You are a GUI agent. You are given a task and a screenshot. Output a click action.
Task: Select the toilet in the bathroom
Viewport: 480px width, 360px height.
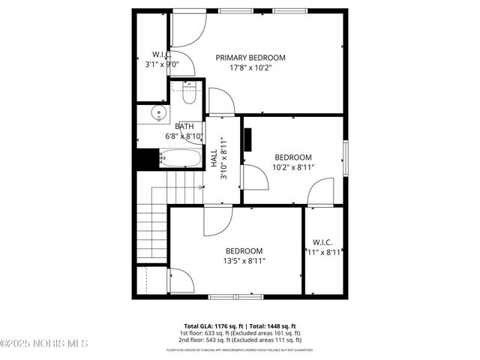[x=188, y=93]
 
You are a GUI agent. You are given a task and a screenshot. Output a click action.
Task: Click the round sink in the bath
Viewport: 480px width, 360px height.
[x=157, y=114]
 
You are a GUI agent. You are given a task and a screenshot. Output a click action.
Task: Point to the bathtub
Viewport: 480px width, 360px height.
[x=181, y=158]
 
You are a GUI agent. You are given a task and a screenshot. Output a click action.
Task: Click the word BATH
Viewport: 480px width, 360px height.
[x=184, y=127]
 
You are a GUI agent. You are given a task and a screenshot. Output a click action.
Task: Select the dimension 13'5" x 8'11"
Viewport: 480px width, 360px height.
[x=244, y=261]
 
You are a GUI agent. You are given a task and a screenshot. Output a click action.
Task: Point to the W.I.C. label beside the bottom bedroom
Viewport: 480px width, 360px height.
[x=322, y=242]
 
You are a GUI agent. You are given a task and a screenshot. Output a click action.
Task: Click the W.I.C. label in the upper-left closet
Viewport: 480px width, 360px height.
[x=162, y=55]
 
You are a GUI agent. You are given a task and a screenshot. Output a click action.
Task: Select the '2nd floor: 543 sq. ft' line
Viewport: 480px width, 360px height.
[x=240, y=340]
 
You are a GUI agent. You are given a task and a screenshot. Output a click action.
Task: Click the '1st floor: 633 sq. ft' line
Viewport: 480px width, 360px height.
[x=240, y=333]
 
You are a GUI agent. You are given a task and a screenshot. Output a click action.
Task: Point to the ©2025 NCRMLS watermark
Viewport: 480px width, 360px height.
[x=44, y=343]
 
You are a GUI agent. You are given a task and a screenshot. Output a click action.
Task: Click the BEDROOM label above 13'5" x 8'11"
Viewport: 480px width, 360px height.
[x=244, y=251]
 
